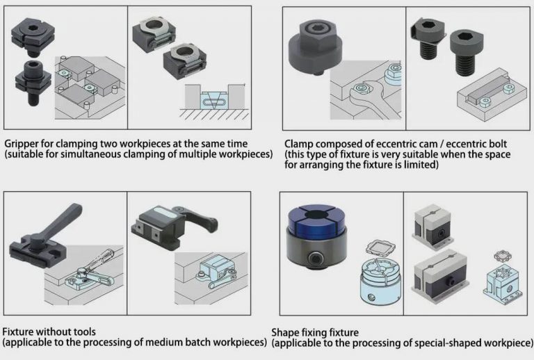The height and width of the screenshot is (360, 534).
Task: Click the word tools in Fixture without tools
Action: click(x=82, y=332)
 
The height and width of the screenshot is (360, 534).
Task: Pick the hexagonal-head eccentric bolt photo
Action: click(x=426, y=38)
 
